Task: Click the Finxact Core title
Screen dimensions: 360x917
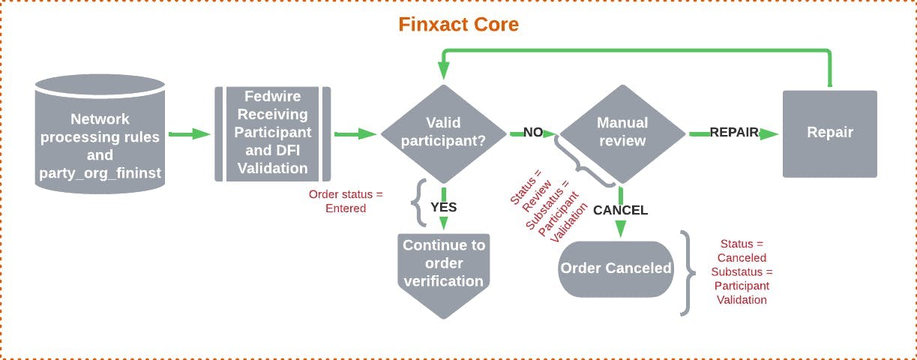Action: [458, 24]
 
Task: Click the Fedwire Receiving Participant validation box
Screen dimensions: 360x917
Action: [273, 133]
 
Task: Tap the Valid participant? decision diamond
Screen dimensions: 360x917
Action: [443, 133]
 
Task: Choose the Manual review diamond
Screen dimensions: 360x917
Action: [622, 133]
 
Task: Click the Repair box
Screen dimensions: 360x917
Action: [829, 133]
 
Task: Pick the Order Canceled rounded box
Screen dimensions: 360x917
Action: [616, 268]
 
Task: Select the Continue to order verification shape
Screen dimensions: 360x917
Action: [443, 266]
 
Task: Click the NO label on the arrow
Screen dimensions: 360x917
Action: [533, 133]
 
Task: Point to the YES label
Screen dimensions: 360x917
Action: [443, 207]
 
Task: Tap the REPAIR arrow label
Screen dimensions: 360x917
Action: [733, 133]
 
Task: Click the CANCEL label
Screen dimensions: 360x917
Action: [620, 210]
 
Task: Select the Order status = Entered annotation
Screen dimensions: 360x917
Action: [346, 201]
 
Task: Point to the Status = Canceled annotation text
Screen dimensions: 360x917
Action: [742, 271]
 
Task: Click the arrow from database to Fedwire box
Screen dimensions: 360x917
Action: [190, 133]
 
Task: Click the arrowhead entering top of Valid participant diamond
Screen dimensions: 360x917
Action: [443, 71]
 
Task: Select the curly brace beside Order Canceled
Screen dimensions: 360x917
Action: [685, 271]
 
